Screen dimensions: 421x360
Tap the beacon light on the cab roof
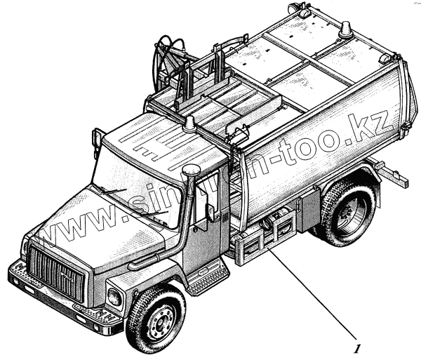[x=189, y=124]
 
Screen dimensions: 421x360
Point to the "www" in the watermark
[x=77, y=232]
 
